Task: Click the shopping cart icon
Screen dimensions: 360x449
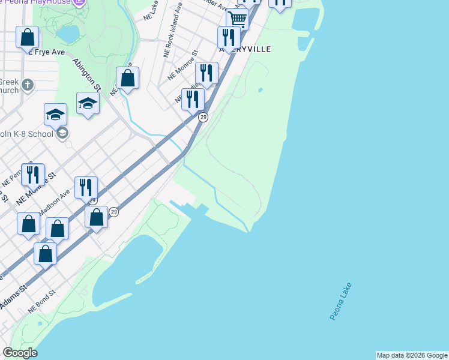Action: pos(238,19)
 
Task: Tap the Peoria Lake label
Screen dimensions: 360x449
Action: pos(341,301)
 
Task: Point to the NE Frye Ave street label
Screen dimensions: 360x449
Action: pos(46,52)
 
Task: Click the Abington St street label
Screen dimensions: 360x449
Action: pos(86,74)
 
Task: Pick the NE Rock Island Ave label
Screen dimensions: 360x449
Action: pos(172,37)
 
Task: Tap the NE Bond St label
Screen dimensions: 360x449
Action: pos(42,302)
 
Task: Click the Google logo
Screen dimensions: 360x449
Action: pos(20,353)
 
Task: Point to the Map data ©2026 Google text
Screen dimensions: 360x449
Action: pos(412,355)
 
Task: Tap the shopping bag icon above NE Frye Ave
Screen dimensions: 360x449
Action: pos(28,38)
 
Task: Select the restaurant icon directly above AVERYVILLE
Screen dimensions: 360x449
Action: pos(228,37)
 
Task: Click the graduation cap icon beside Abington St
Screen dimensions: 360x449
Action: pos(88,103)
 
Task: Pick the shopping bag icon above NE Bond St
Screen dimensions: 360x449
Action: pos(45,254)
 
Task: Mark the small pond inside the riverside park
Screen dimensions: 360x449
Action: pos(260,91)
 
